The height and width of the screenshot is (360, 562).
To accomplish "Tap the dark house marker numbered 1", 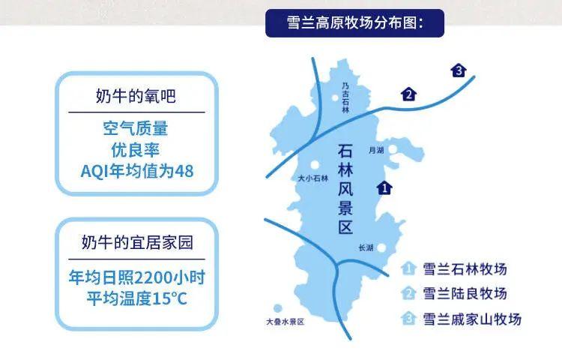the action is coord(384,187).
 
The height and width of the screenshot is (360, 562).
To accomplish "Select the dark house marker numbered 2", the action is coord(408,94).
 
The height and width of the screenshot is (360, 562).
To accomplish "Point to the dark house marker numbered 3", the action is coord(459,70).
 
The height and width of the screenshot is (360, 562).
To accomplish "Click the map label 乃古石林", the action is coord(345,97).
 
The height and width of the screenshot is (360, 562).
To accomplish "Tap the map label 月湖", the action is coord(376,150).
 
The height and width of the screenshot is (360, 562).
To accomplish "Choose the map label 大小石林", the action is coord(313,178).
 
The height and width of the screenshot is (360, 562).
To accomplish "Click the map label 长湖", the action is coord(366,247).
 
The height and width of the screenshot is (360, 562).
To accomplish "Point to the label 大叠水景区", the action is coord(285,322).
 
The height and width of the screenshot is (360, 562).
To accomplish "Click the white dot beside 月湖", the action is coord(393,148).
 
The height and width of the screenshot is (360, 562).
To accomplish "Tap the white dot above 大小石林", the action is coord(315,165).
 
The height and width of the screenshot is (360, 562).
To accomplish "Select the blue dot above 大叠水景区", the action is coord(277,308).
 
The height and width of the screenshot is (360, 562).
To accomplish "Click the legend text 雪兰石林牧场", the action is coord(465,269).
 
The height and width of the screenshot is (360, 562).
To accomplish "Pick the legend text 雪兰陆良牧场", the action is coord(465,294).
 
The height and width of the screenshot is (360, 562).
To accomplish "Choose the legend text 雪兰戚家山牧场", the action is coord(472,319).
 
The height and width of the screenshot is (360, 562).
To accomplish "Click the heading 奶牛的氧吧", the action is coord(136,96).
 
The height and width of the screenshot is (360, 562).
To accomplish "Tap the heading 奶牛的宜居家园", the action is coord(137,242).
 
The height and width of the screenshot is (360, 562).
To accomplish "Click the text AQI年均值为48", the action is coord(137,171).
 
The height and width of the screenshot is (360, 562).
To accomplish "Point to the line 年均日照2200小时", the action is coord(137,277).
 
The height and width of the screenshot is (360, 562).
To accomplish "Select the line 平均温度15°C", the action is coord(137,298).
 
